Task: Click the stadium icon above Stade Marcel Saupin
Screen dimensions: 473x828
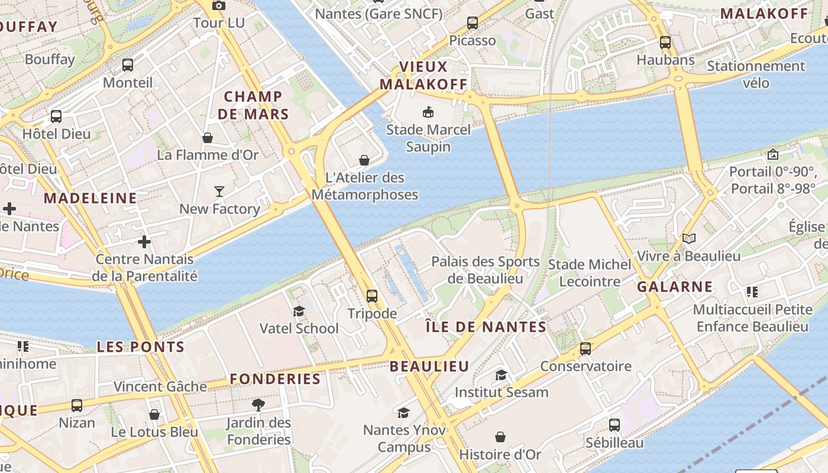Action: coord(428,111)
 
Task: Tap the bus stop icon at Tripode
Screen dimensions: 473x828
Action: coord(371,296)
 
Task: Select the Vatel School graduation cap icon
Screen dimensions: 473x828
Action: coord(299,311)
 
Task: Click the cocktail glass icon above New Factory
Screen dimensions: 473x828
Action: coord(219,191)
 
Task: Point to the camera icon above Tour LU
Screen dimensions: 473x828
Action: coord(218,5)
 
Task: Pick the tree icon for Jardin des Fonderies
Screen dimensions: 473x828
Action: coord(258,405)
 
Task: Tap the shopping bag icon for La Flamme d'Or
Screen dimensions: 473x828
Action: coord(208,138)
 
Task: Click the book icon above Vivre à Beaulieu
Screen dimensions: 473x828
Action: coord(688,238)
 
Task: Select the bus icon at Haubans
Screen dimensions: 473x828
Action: coord(665,42)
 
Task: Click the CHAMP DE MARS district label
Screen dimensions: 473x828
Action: coord(253,105)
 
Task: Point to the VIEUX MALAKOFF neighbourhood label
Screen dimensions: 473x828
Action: coord(423,75)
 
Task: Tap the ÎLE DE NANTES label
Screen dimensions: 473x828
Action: coord(486,327)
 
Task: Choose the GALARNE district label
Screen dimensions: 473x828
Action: coord(675,287)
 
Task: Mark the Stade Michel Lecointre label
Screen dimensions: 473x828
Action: coord(590,273)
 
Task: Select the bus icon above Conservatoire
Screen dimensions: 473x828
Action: coord(585,349)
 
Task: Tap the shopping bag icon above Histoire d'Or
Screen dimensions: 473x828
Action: coord(500,437)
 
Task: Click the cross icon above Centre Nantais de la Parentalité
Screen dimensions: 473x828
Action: coord(144,241)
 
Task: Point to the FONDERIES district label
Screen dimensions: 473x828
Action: coord(275,379)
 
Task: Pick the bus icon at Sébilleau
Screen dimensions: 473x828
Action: coord(614,425)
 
